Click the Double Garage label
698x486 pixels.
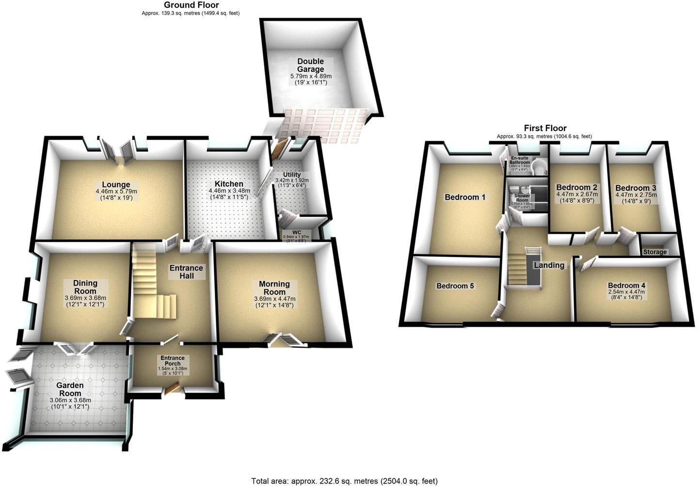(x=311, y=66)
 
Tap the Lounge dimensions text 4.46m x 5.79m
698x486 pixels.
(x=116, y=191)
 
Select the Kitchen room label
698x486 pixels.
(x=229, y=184)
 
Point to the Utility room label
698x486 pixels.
(x=292, y=174)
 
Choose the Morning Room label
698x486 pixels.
(x=274, y=287)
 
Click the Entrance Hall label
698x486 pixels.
(x=186, y=272)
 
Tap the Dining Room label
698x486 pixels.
(x=85, y=286)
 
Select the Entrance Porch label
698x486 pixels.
(x=173, y=361)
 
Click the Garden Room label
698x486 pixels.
(x=71, y=389)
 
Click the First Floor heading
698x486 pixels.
(x=545, y=128)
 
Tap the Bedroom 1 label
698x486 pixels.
(x=465, y=197)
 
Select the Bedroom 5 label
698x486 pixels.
(x=455, y=286)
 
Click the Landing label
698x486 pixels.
(x=549, y=265)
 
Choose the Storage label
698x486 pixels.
(x=655, y=252)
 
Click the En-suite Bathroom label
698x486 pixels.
(x=520, y=161)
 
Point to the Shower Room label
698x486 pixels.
(x=522, y=198)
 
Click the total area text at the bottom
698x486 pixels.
(x=344, y=481)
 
